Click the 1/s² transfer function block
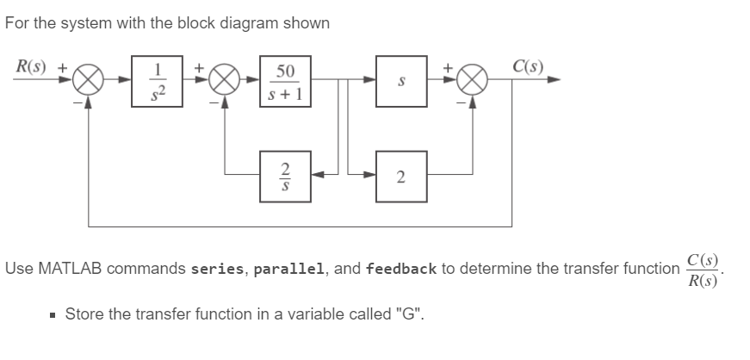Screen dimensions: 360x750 (x=158, y=82)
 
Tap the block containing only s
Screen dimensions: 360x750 (x=401, y=82)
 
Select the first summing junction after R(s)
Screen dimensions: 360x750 (x=88, y=83)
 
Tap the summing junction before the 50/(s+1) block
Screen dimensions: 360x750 (x=225, y=83)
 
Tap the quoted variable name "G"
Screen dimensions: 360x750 (x=409, y=312)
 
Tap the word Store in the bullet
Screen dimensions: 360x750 (x=83, y=312)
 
